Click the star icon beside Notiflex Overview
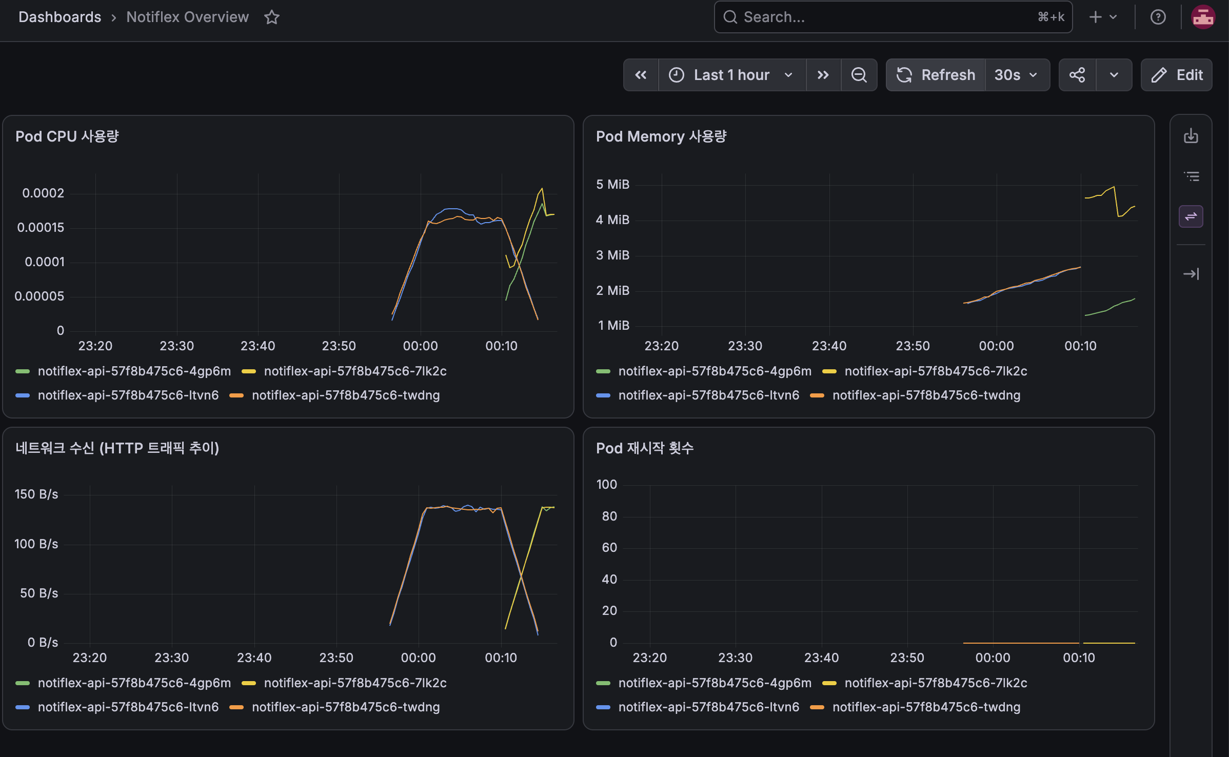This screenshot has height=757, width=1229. [x=272, y=17]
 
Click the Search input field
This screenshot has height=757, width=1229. [x=893, y=17]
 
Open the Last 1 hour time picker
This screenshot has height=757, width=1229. [x=732, y=75]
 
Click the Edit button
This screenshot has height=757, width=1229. [x=1177, y=75]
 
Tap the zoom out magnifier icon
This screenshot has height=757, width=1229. [x=859, y=75]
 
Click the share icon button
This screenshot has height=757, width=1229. [x=1077, y=75]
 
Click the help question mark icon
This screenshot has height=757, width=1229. [x=1158, y=17]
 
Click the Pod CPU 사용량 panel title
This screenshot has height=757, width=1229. [x=67, y=136]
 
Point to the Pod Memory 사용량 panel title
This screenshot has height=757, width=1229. [x=661, y=136]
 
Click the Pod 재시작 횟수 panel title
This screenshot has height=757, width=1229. [x=645, y=448]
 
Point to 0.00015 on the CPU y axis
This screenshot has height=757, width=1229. [x=41, y=227]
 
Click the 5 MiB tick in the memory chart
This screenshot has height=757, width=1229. [x=613, y=184]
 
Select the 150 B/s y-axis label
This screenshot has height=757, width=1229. [x=36, y=494]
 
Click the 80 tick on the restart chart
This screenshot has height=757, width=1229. [x=609, y=516]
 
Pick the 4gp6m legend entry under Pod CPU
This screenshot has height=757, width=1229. [x=124, y=371]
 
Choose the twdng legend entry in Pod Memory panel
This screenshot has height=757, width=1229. [x=916, y=395]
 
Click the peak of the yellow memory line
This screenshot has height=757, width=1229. [x=1114, y=187]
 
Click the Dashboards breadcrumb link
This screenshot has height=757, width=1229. [x=60, y=17]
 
